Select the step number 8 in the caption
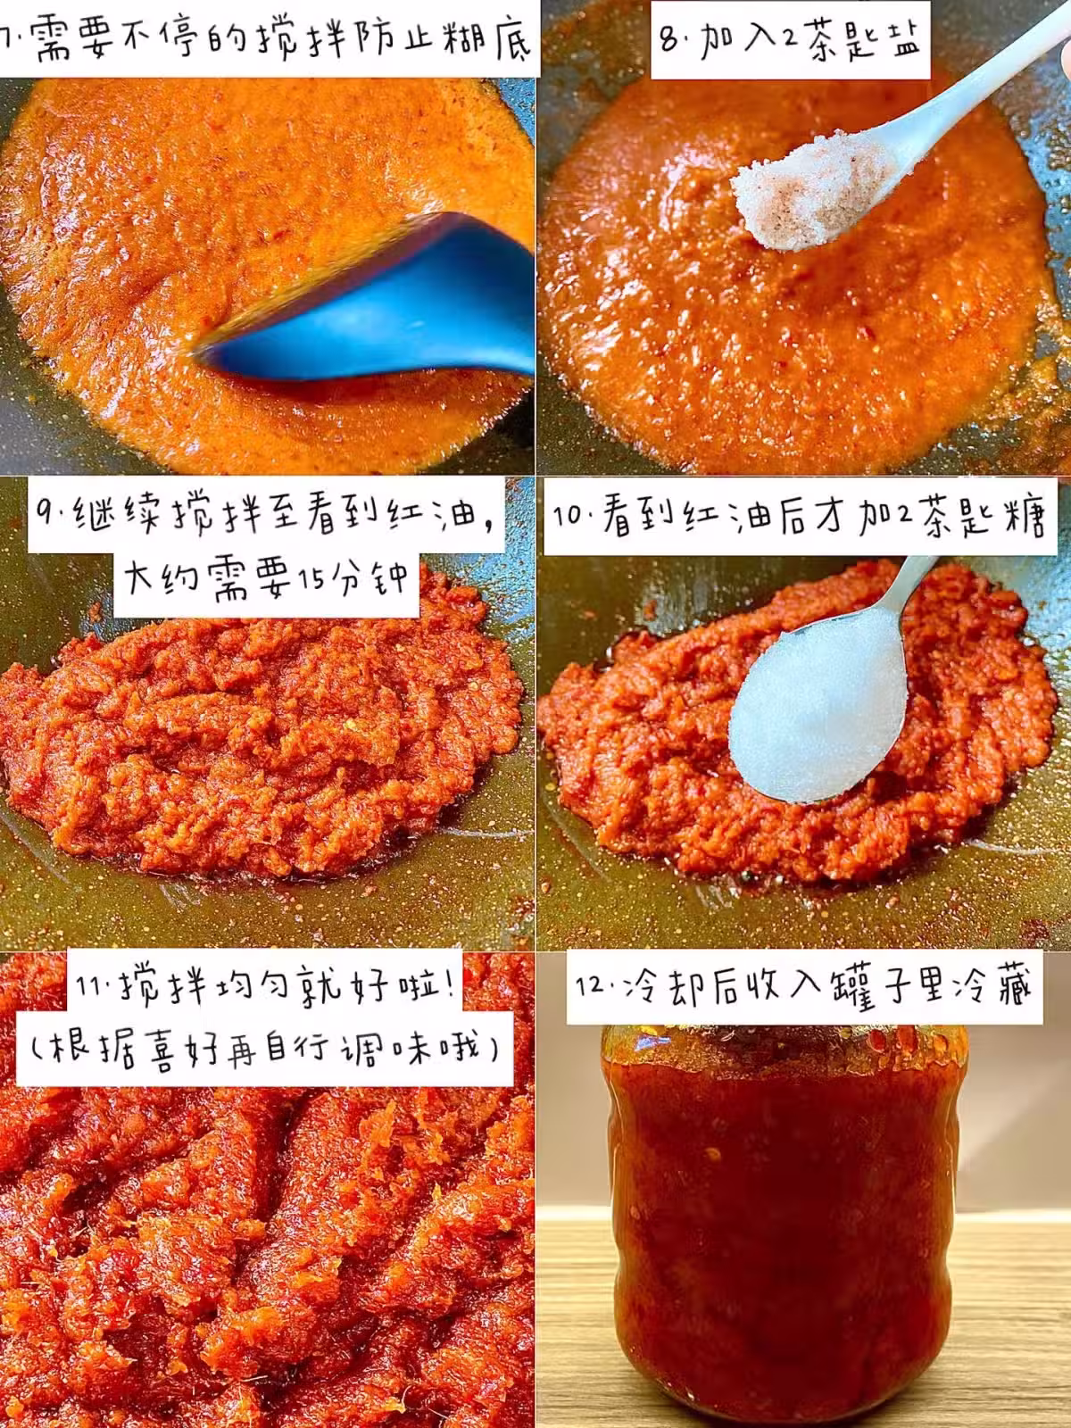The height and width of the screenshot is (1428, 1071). click(x=669, y=40)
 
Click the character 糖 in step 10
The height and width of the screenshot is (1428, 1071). click(x=1020, y=517)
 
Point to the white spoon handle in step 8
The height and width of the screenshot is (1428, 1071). click(x=976, y=97)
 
